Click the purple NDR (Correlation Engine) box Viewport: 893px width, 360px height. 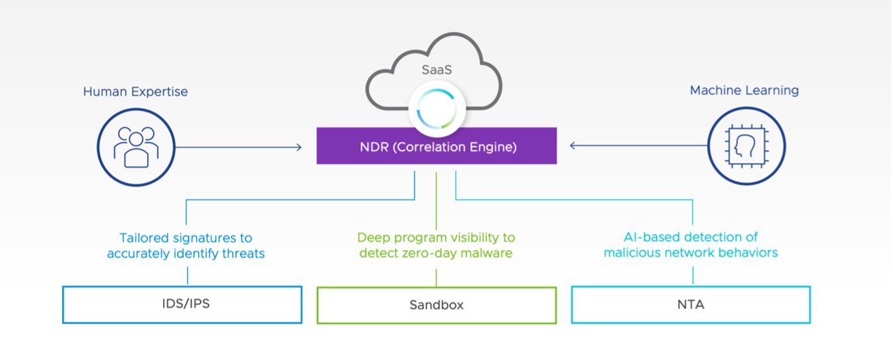tap(436, 147)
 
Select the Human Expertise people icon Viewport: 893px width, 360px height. tap(135, 147)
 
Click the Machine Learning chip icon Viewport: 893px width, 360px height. tap(746, 146)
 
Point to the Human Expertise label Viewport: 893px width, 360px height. tap(135, 91)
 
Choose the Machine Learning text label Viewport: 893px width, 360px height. tap(744, 90)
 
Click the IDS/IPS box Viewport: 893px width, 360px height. tap(182, 305)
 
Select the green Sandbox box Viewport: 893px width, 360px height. tap(436, 305)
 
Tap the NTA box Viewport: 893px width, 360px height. tap(691, 305)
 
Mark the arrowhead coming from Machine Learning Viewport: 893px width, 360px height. tap(573, 146)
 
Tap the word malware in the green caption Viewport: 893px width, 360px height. tap(487, 253)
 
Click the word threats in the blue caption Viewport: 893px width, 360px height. tap(244, 253)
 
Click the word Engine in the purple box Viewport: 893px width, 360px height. tap(493, 147)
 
